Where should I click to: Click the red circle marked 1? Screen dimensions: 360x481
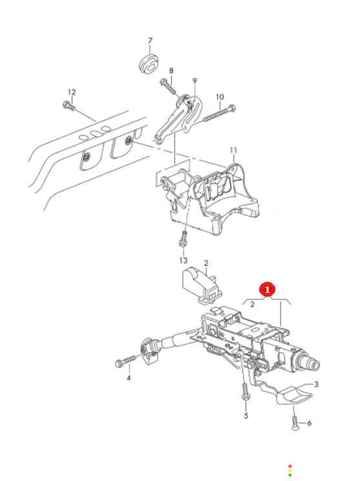pyautogui.click(x=267, y=289)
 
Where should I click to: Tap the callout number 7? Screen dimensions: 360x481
pyautogui.click(x=150, y=41)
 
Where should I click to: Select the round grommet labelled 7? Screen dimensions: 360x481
pyautogui.click(x=149, y=65)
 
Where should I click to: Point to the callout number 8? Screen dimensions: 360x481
pyautogui.click(x=171, y=70)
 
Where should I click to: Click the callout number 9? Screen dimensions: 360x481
pyautogui.click(x=195, y=81)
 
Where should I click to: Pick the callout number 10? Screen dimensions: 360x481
pyautogui.click(x=220, y=97)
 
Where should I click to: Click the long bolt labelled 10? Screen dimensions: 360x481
pyautogui.click(x=218, y=114)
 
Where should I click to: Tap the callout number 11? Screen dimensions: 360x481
pyautogui.click(x=234, y=150)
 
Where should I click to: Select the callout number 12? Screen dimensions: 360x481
pyautogui.click(x=72, y=92)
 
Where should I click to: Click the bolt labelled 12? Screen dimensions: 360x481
pyautogui.click(x=69, y=106)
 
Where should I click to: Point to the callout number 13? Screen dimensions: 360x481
pyautogui.click(x=184, y=261)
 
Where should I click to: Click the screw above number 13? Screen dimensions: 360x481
pyautogui.click(x=184, y=239)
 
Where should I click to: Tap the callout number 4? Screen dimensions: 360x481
pyautogui.click(x=129, y=378)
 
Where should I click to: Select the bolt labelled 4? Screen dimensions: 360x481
pyautogui.click(x=125, y=361)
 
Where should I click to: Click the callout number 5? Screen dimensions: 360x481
pyautogui.click(x=246, y=416)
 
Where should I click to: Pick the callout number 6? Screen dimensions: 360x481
pyautogui.click(x=309, y=423)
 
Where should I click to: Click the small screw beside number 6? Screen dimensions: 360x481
pyautogui.click(x=295, y=423)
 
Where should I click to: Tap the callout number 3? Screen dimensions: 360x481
pyautogui.click(x=316, y=385)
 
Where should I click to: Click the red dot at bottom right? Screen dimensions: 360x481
pyautogui.click(x=290, y=466)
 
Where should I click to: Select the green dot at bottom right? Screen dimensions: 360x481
pyautogui.click(x=290, y=475)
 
